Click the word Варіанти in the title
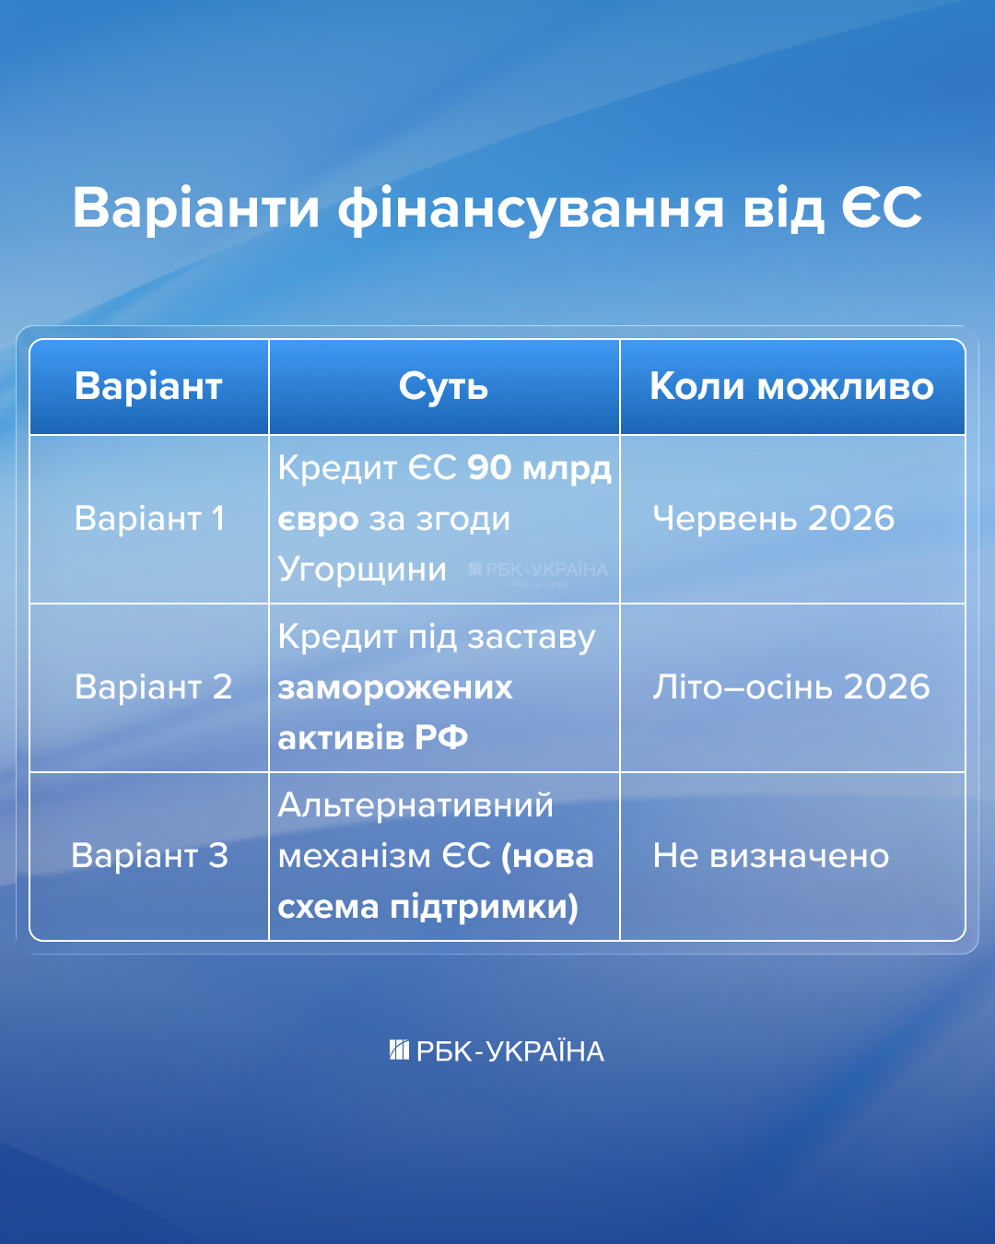tap(196, 208)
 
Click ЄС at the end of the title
tap(881, 208)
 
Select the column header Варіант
tap(148, 386)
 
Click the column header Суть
tap(443, 386)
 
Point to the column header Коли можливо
tap(791, 386)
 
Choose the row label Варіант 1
tap(149, 518)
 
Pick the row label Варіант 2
tap(153, 687)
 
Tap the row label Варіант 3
tap(149, 855)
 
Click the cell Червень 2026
tap(773, 518)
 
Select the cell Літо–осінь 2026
tap(790, 687)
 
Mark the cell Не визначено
tap(770, 855)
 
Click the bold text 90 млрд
tap(539, 468)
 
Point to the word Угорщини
tap(362, 569)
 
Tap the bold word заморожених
tap(394, 687)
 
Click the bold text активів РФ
tap(372, 737)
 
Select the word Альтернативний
tap(416, 804)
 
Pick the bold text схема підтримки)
tap(427, 907)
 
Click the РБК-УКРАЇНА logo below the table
tap(497, 1050)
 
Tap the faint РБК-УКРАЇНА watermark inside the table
tap(539, 570)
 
